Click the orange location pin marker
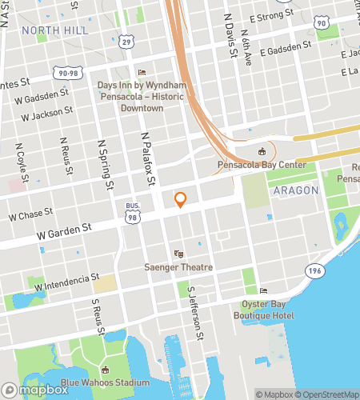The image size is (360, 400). tap(181, 200)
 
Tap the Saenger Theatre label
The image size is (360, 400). tap(178, 267)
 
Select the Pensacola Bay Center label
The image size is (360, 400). tap(261, 166)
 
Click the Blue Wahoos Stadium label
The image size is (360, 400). tap(105, 381)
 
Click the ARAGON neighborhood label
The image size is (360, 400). tap(295, 191)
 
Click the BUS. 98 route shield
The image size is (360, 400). tap(133, 212)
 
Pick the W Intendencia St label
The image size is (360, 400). tap(67, 283)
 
